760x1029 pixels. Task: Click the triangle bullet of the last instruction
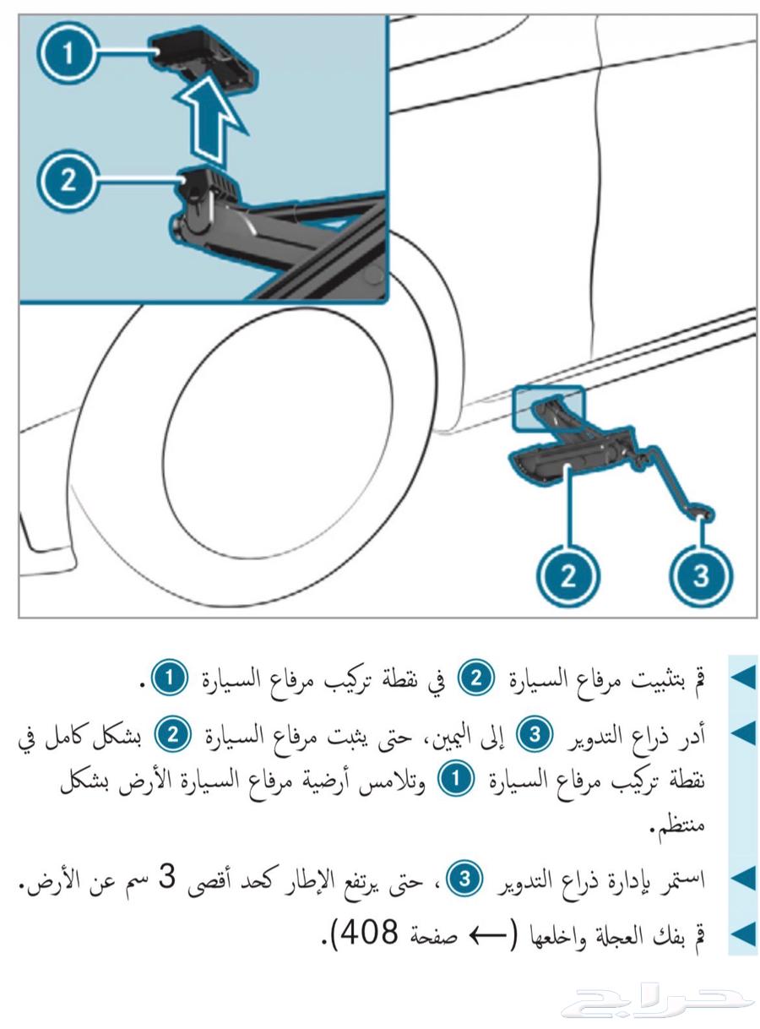point(741,934)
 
